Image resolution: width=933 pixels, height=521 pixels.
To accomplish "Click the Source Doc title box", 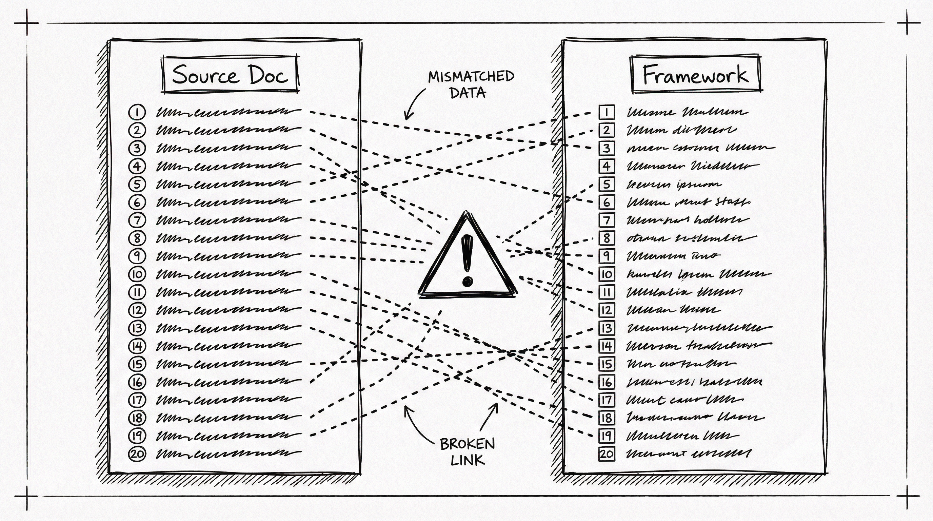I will coord(230,75).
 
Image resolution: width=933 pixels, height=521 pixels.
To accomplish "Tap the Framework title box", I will coord(695,75).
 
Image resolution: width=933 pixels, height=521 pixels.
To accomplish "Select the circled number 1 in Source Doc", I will coord(137,112).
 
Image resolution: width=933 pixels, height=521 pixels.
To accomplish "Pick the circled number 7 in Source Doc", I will coord(137,220).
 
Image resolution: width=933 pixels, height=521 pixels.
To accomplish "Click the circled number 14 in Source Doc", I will coord(137,346).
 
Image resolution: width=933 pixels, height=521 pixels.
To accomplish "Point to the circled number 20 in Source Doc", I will coord(137,454).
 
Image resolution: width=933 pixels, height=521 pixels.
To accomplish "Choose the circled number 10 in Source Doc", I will coord(137,274).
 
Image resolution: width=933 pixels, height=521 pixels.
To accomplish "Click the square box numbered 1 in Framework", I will coord(607,112).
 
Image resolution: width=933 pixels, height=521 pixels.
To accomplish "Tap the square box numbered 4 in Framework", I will coord(607,166).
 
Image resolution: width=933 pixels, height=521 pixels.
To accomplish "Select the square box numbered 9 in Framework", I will coord(607,256).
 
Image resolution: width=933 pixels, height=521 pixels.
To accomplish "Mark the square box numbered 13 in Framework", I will coord(607,328).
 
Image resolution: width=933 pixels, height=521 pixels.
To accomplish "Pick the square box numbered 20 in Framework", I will coord(607,454).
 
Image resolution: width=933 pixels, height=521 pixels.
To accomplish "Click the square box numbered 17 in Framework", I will coord(607,400).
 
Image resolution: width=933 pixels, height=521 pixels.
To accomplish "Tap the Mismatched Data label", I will coord(471,84).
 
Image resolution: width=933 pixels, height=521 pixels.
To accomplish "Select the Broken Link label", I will coord(467,451).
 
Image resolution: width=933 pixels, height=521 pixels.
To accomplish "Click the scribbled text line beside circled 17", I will coord(228,400).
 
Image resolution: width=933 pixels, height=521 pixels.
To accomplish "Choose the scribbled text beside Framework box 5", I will coord(674,185).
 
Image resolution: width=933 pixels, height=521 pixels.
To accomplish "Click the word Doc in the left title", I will coord(269,75).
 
